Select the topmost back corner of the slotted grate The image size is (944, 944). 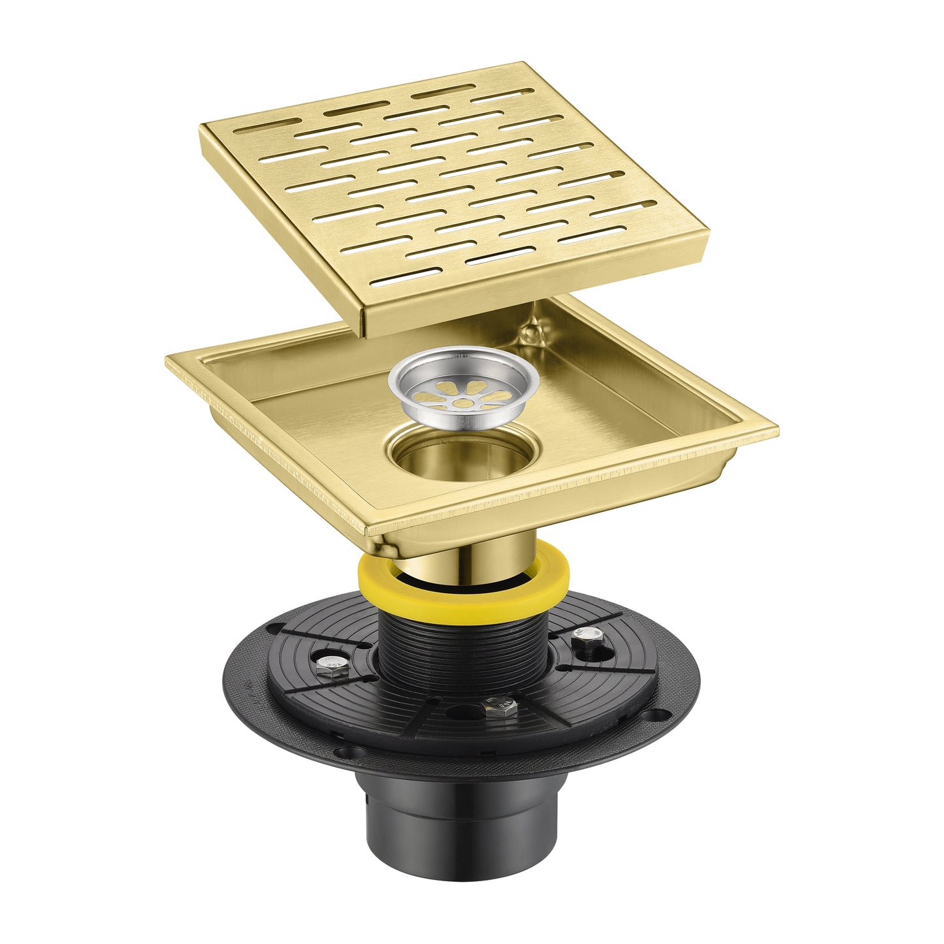523,65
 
